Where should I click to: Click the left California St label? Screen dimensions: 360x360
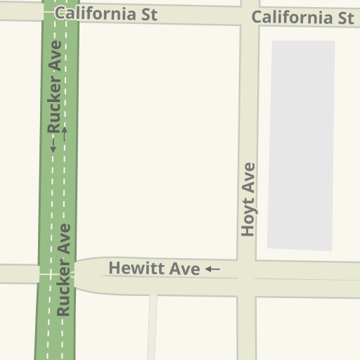[105, 14]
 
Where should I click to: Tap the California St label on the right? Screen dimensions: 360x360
[302, 18]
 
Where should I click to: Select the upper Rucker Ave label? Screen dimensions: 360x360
[55, 86]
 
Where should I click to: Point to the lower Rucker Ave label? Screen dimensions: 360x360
[65, 269]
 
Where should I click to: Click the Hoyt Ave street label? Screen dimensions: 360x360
[248, 199]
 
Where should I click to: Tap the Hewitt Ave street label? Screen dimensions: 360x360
[154, 269]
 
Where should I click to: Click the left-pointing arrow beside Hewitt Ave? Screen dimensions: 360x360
[212, 269]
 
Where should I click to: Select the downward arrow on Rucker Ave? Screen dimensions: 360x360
[53, 146]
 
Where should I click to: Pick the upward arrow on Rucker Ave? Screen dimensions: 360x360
[65, 131]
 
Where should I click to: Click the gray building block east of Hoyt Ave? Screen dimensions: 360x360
[301, 144]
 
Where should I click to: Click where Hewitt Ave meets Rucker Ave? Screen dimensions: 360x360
[56, 274]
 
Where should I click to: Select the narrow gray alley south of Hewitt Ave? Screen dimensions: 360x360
[152, 327]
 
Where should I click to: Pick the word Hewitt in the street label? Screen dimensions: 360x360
[134, 269]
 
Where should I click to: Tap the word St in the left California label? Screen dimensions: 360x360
[148, 14]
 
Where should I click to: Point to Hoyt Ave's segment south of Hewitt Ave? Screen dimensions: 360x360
[246, 327]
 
